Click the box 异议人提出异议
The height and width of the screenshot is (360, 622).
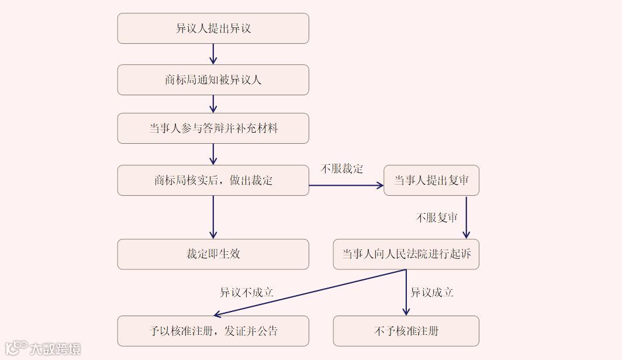[213, 29]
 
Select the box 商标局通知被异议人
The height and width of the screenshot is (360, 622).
[213, 80]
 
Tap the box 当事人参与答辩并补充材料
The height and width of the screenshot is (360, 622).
[213, 129]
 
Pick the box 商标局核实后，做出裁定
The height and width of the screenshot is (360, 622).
[213, 180]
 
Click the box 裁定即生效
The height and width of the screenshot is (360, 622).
[213, 254]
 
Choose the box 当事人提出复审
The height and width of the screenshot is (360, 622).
[431, 180]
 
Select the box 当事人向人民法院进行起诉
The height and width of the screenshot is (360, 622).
[406, 254]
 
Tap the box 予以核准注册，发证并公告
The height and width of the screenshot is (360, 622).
[213, 331]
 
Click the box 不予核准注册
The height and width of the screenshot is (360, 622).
[406, 331]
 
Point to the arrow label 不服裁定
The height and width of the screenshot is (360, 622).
[342, 169]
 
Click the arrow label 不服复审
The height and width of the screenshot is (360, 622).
[437, 217]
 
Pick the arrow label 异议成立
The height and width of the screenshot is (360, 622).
[432, 293]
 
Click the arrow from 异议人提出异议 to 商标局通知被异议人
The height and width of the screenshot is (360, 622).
[213, 54]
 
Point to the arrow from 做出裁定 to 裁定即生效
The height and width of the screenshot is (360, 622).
[213, 217]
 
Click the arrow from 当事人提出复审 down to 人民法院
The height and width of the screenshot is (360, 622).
[466, 217]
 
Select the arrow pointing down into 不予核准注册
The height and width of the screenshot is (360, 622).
[406, 292]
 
